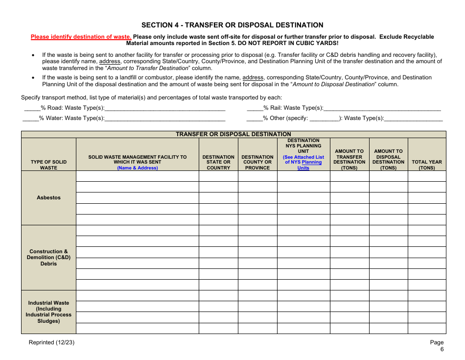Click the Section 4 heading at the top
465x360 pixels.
(x=232, y=25)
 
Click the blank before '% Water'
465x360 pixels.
(x=30, y=118)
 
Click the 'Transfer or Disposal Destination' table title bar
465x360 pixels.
(x=233, y=134)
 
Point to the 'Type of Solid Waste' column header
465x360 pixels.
(x=48, y=165)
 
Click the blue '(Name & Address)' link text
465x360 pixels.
(x=137, y=168)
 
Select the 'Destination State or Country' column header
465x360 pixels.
(x=218, y=162)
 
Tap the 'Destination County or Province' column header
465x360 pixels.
(x=257, y=162)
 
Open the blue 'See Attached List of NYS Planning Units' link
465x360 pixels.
(x=303, y=163)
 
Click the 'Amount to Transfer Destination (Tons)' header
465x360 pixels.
(x=349, y=160)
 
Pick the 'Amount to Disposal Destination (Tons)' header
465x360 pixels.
(x=388, y=160)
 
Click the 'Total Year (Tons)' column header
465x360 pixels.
(x=427, y=165)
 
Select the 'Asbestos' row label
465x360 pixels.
(x=48, y=197)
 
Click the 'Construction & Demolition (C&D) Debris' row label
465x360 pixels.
(x=48, y=258)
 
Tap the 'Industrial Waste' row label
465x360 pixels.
(x=48, y=312)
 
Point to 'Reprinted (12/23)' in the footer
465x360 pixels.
(x=51, y=342)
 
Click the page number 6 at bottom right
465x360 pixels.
(x=442, y=349)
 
